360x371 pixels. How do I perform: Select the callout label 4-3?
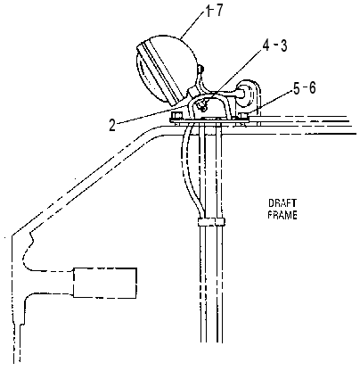pos(274,45)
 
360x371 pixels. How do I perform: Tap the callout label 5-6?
pos(304,89)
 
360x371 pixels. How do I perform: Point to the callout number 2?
pos(112,126)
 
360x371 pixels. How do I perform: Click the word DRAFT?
pos(282,203)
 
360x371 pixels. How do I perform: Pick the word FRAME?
pos(282,215)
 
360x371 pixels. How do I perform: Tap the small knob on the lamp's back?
pos(201,69)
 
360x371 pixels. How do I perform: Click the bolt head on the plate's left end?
pos(177,115)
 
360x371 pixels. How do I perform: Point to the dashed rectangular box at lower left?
pos(105,283)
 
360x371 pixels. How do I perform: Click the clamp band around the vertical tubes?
pos(211,222)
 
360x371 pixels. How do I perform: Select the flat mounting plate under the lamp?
pos(209,120)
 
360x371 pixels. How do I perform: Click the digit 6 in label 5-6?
pos(312,89)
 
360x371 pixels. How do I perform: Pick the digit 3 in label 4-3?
pos(283,45)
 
